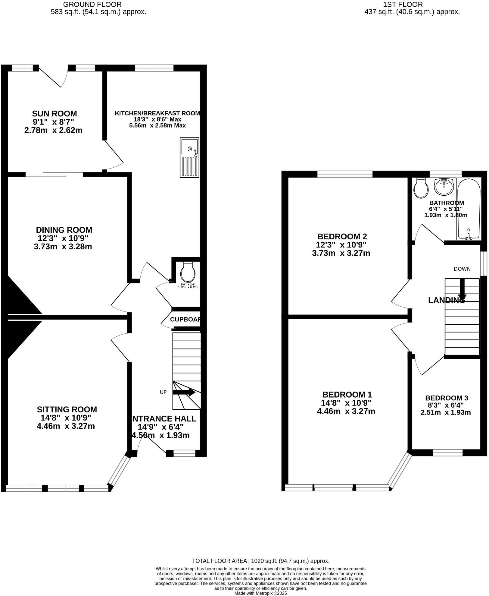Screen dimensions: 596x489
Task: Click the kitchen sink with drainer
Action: (x=189, y=157)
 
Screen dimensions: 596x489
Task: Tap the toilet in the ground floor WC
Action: (x=188, y=272)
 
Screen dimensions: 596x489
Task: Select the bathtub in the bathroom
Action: (x=468, y=209)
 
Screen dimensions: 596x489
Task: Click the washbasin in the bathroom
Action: (x=444, y=186)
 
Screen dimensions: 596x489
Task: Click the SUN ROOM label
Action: (x=55, y=114)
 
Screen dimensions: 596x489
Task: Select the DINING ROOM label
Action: (x=64, y=230)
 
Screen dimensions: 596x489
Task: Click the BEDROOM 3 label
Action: (x=447, y=398)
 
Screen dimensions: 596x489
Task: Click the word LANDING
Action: (x=446, y=300)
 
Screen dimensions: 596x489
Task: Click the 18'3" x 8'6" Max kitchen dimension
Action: (x=157, y=119)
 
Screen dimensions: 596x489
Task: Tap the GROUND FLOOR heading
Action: (x=92, y=5)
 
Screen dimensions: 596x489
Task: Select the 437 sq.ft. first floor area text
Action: (x=412, y=12)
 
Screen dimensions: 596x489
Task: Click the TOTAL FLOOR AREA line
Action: (x=261, y=561)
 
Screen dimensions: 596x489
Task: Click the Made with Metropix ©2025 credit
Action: (x=261, y=593)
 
